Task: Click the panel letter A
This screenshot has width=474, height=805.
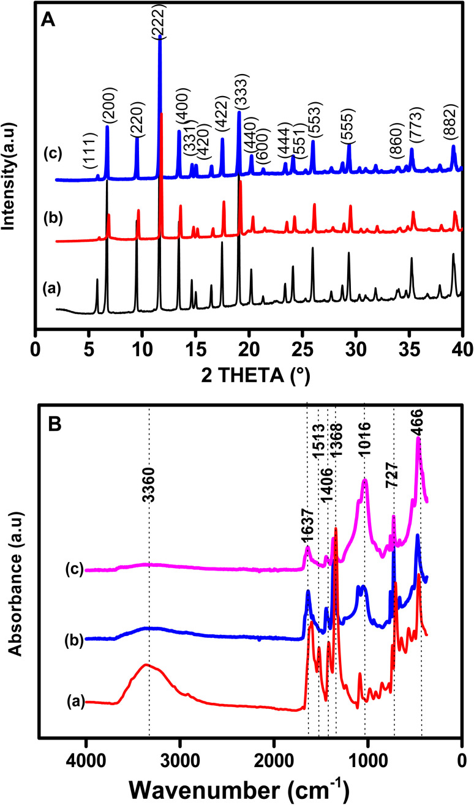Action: [x=47, y=20]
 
